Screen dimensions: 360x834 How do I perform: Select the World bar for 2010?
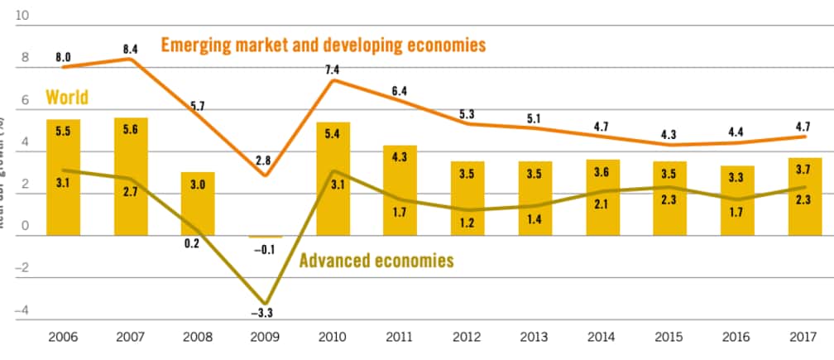click(333, 178)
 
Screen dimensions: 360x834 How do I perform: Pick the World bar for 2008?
click(198, 204)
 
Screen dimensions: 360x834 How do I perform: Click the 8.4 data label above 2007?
click(131, 50)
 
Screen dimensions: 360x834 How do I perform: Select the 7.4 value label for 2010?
click(333, 71)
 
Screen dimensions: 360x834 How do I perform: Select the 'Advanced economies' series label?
click(376, 261)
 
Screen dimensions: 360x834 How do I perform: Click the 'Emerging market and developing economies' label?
click(323, 45)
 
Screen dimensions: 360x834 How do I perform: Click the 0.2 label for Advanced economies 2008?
click(198, 243)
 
